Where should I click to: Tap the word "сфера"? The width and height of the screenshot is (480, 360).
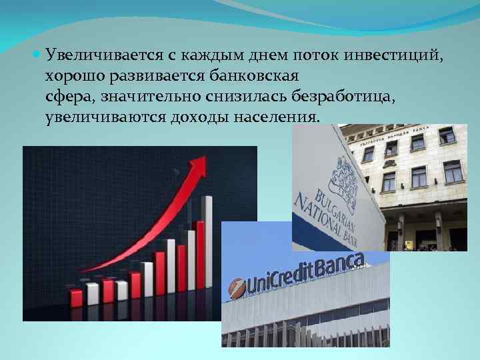pyautogui.click(x=68, y=97)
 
